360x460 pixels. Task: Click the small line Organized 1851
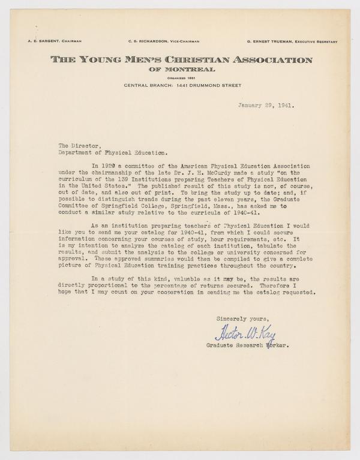[181, 77]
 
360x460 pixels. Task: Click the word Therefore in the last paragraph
[263, 285]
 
